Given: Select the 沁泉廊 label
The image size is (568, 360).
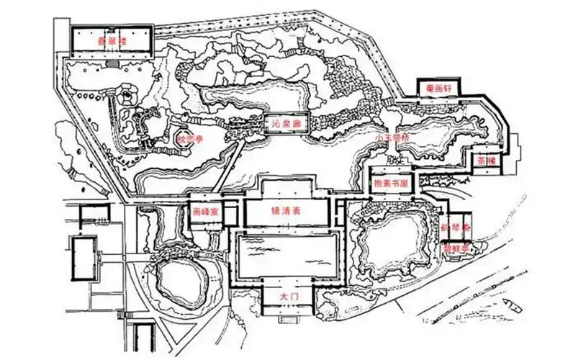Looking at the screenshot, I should (286, 125).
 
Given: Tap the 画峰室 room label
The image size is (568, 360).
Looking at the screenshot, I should (206, 214).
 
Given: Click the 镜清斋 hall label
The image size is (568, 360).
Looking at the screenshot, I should (287, 213).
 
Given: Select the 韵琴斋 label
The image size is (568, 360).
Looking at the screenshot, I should (455, 225).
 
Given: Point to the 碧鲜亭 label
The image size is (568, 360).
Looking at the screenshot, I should (456, 248).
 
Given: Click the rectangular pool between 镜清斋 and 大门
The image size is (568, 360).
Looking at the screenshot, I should (287, 256).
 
